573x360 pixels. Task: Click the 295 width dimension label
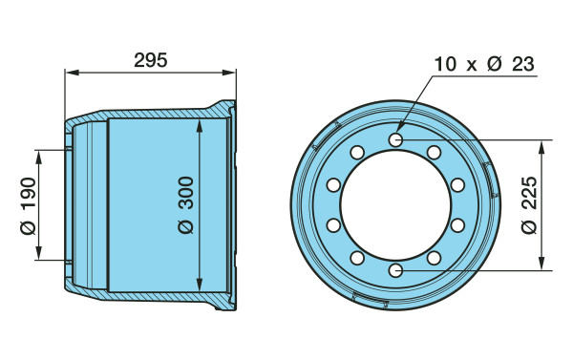tap(150, 60)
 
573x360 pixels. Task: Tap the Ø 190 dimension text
tap(29, 205)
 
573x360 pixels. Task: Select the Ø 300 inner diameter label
tap(186, 205)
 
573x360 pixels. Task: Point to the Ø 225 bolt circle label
tap(529, 205)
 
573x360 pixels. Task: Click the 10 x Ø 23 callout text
tap(484, 64)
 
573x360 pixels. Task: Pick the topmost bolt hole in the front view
tap(395, 139)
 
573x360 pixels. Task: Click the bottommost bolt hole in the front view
tap(395, 271)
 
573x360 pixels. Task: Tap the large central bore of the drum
tap(395, 205)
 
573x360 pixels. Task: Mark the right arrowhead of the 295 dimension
tap(229, 73)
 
